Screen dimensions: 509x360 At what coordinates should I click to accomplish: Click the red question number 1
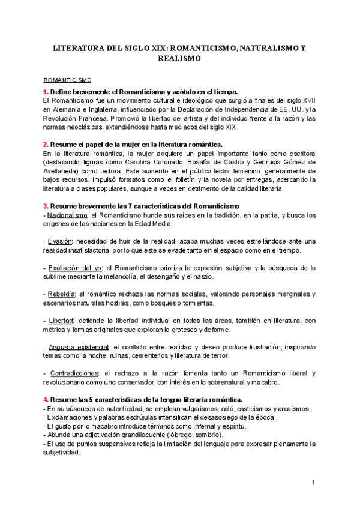tap(46, 91)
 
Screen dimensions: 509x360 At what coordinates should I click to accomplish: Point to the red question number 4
tap(46, 399)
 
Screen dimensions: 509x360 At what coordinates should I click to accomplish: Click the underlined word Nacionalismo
tap(66, 215)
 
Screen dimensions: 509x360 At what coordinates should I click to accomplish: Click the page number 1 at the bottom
tap(313, 482)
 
